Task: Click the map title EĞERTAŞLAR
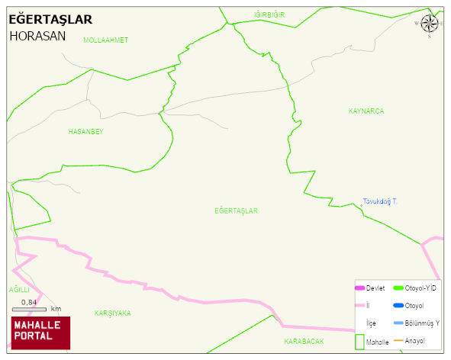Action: point(50,19)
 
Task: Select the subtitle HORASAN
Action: point(37,36)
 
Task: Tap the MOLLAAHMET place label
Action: point(105,40)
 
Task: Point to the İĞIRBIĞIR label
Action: point(269,14)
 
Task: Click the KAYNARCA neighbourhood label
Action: point(366,111)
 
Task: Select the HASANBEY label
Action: point(85,131)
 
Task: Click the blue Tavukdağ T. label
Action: point(380,201)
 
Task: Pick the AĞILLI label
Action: point(18,290)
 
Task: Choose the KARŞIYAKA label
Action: point(112,313)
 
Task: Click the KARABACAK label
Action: point(304,341)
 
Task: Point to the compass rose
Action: point(429,24)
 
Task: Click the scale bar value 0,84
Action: point(29,303)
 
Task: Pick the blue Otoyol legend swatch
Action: point(398,306)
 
